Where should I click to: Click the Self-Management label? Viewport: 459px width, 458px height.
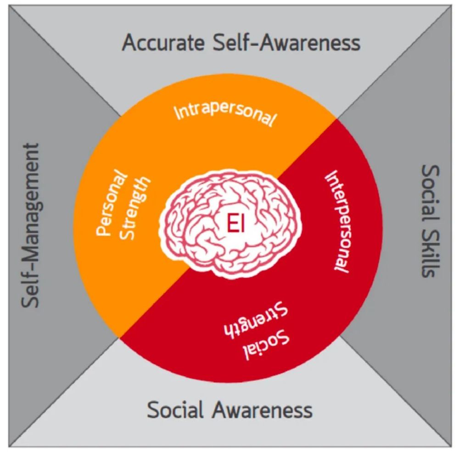[32, 225]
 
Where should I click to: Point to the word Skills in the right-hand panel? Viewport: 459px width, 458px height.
[429, 251]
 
